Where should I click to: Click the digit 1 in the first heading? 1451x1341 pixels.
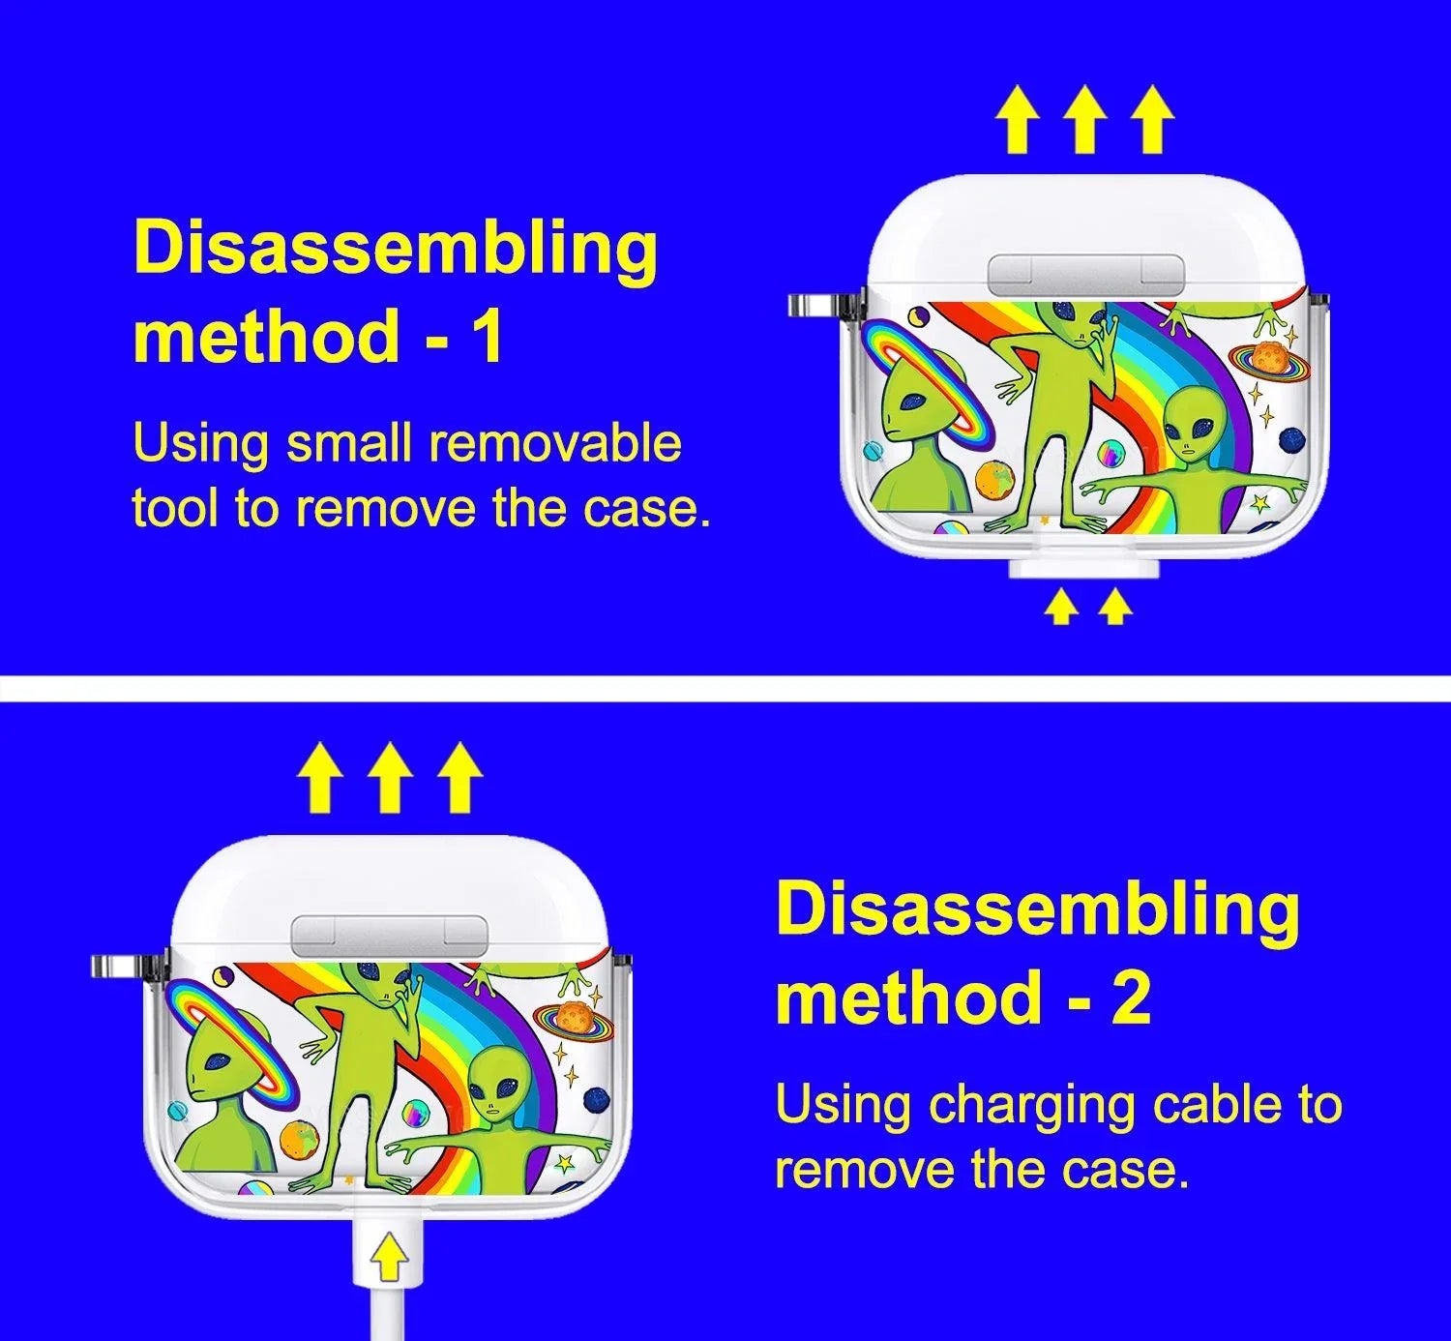point(485,336)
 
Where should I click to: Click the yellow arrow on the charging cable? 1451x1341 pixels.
point(388,1258)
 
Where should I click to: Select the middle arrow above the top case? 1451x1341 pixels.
point(1083,130)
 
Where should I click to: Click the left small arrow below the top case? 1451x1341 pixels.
point(1061,608)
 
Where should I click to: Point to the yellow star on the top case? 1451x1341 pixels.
point(1260,503)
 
